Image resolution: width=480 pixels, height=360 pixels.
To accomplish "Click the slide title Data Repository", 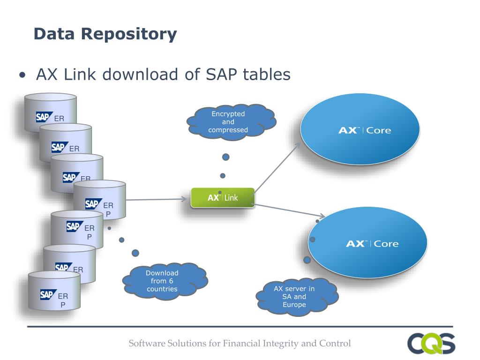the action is pyautogui.click(x=105, y=34).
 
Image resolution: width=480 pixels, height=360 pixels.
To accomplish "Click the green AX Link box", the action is pyautogui.click(x=223, y=197).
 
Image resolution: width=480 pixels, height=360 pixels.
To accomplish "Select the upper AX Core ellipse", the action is pyautogui.click(x=360, y=129).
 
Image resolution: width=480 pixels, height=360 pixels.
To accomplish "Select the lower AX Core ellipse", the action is pyautogui.click(x=367, y=242).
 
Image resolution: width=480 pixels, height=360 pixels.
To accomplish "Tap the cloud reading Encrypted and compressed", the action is pyautogui.click(x=231, y=122).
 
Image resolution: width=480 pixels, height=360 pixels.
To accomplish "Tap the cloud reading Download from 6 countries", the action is pyautogui.click(x=165, y=281).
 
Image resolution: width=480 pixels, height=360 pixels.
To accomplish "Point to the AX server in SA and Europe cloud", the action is pyautogui.click(x=297, y=297).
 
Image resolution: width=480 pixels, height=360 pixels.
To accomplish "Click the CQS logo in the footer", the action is pyautogui.click(x=431, y=343).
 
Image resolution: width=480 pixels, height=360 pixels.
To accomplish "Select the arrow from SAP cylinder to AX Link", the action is pyautogui.click(x=157, y=199).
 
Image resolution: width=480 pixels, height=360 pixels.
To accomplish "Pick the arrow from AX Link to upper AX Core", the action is pyautogui.click(x=277, y=167).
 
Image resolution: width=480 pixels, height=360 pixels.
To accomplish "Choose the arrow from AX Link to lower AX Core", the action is pyautogui.click(x=290, y=210).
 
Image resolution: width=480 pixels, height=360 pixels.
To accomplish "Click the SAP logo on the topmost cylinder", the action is pyautogui.click(x=45, y=117).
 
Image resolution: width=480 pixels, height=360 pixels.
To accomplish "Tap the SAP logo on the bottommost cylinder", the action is pyautogui.click(x=48, y=294).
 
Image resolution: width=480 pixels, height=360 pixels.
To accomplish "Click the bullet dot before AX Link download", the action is pyautogui.click(x=22, y=75).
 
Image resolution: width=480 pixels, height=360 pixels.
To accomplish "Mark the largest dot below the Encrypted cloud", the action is pyautogui.click(x=225, y=157).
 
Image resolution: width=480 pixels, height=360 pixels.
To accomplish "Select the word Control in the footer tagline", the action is pyautogui.click(x=335, y=344).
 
